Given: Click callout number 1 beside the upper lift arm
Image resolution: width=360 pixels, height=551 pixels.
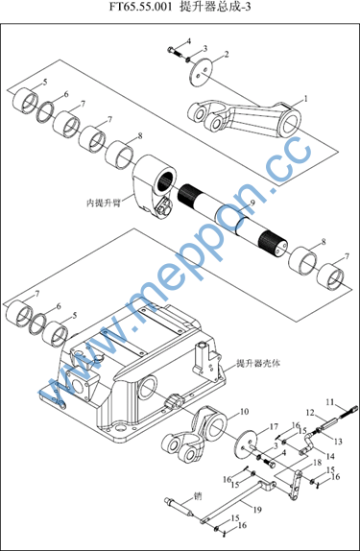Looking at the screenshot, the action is (305, 99).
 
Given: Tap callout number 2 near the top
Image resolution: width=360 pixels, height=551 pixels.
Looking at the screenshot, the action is (227, 54).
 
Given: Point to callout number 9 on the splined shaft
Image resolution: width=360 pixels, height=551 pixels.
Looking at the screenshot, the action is (252, 203).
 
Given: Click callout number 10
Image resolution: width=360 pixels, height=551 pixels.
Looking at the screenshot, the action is (244, 411).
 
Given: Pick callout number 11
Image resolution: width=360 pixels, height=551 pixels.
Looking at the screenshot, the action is (330, 401).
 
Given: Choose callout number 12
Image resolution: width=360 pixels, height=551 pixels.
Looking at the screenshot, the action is (310, 413).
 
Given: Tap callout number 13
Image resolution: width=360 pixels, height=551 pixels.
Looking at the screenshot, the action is (338, 441).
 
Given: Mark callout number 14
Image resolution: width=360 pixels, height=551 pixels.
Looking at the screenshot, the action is (330, 456).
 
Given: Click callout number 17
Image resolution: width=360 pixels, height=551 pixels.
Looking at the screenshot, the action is (274, 427).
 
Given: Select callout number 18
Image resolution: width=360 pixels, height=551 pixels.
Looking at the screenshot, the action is (317, 462).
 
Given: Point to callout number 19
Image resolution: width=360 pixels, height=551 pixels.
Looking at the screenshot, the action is (257, 509).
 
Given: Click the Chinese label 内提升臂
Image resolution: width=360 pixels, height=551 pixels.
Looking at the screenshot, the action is (104, 203).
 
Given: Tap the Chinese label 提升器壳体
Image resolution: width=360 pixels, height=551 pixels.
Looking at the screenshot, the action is (258, 364).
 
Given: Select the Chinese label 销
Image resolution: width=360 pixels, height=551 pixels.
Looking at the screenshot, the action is (198, 496).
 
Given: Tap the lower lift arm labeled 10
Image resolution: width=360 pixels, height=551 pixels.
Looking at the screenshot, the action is (194, 434).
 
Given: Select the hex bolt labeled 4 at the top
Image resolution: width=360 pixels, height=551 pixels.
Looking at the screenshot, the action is (175, 51).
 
